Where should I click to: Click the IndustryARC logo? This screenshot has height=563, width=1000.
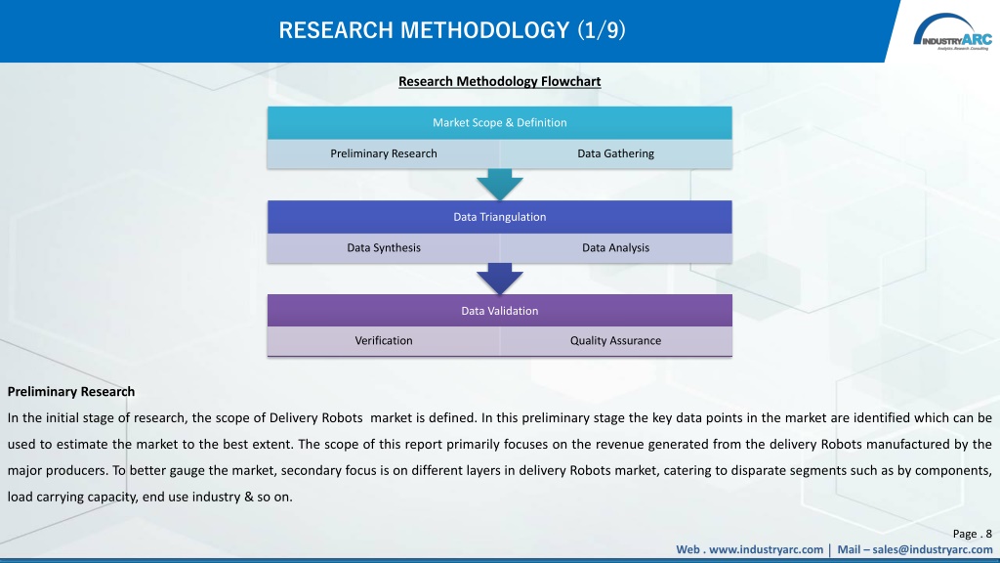click(952, 32)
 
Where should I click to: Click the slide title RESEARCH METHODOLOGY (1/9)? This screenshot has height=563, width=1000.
click(452, 30)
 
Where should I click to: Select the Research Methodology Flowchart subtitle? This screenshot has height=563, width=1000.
click(499, 82)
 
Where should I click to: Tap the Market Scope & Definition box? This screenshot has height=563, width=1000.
click(499, 122)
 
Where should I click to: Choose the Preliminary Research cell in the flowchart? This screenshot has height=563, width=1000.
click(383, 153)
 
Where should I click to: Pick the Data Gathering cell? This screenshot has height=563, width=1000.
click(615, 153)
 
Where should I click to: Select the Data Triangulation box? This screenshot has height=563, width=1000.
click(499, 217)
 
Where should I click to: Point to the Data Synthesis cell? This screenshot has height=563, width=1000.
click(383, 247)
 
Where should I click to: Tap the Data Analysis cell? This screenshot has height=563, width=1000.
click(615, 247)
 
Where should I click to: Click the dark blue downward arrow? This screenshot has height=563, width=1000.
click(499, 279)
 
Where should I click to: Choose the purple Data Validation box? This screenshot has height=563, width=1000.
click(499, 311)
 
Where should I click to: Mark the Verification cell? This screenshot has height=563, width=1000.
click(383, 341)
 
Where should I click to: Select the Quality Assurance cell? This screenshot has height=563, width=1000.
click(615, 341)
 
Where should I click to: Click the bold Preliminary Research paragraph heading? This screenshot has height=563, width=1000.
click(70, 392)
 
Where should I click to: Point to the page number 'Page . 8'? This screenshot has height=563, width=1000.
click(972, 534)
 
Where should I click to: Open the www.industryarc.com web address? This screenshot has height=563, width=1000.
click(766, 549)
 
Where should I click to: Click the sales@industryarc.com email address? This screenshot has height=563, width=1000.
click(933, 549)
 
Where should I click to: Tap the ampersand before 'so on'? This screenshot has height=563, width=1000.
click(249, 497)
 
